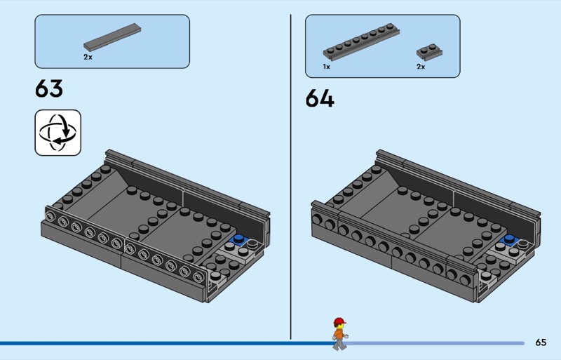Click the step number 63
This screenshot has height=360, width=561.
49,88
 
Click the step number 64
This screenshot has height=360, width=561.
320,98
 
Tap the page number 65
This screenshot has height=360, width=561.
541,342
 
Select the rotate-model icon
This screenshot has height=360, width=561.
58,133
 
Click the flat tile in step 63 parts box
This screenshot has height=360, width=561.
112,37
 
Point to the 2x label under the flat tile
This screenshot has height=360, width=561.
88,57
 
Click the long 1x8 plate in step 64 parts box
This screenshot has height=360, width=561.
361,42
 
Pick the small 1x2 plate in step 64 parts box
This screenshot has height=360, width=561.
429,53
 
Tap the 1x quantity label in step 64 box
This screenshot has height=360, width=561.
326,67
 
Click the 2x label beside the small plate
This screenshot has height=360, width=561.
421,67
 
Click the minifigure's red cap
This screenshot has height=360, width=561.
339,321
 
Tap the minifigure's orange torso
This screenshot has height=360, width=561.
339,335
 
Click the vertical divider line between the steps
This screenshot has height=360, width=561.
290,177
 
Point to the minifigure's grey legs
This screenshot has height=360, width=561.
339,345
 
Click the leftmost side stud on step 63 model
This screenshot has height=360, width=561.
50,215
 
